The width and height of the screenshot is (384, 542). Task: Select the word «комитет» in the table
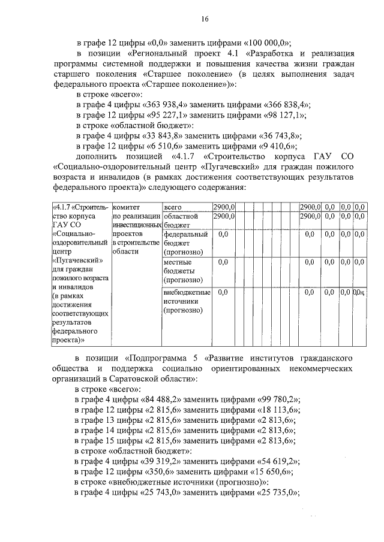click(x=127, y=207)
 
